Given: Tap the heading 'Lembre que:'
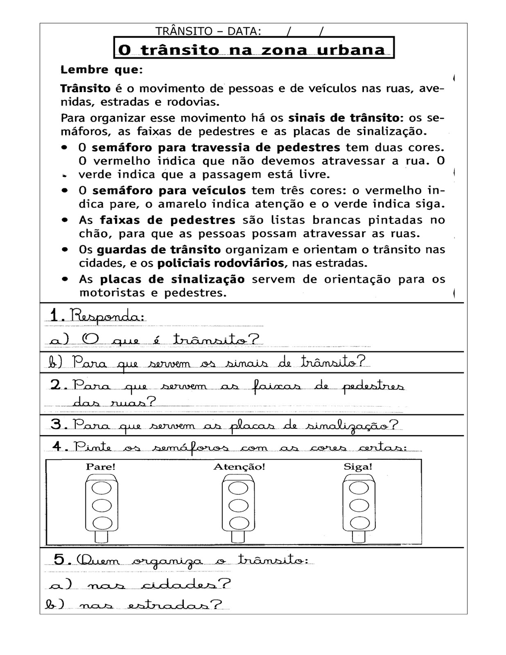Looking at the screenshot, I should coord(102,70).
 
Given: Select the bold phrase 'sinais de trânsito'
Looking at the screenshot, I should coord(343,118).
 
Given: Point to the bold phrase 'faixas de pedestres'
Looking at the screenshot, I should coord(167,220).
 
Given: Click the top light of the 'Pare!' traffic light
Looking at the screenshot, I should coord(102,488).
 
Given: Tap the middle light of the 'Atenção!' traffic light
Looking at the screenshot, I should coord(238,506).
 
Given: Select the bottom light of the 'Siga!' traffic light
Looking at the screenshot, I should coord(359,523).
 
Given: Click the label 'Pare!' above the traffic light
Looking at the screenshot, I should coord(101,467).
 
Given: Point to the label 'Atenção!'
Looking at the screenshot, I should coord(239,467).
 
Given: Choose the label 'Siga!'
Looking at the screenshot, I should coord(358,467).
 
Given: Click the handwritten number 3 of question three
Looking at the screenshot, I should coord(56,424).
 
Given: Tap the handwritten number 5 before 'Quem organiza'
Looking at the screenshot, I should coord(60,559).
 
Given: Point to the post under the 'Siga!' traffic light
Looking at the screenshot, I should coord(359,536).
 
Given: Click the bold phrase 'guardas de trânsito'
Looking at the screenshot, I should coord(158,250).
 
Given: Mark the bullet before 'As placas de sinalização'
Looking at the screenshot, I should coord(65,279).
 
